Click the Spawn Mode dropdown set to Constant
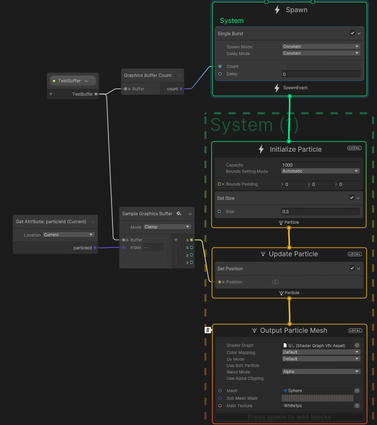pos(321,47)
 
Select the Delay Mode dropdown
pos(321,53)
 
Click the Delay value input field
pos(321,74)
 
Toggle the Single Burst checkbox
pos(352,33)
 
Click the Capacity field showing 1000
pos(320,165)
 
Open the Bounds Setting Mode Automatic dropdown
pos(320,171)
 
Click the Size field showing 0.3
pos(320,211)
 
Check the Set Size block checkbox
pos(352,198)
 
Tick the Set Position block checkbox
pos(352,268)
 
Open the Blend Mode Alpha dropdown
pos(321,371)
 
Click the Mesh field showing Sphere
pos(318,391)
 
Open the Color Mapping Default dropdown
pos(321,353)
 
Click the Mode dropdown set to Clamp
pos(167,227)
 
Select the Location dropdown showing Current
pos(68,235)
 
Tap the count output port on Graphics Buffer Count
pos(181,89)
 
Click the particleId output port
pos(95,247)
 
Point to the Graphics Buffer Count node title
pos(148,75)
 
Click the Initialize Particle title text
pos(295,149)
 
